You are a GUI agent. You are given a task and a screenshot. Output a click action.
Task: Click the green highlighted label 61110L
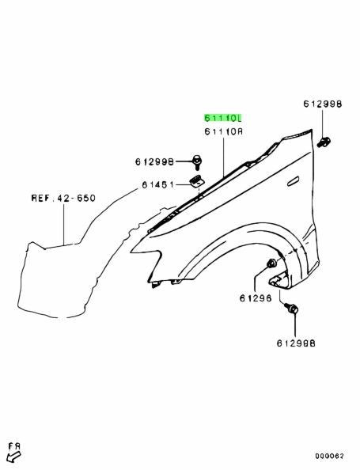tap(222, 118)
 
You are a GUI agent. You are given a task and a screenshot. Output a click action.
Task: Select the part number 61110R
tap(224, 131)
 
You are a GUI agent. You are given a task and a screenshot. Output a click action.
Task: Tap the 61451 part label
tap(157, 184)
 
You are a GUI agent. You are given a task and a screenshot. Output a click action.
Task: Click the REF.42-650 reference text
tap(63, 198)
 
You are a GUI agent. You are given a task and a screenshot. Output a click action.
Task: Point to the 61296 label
tap(256, 298)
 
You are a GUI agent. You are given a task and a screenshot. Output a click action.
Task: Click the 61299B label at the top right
tap(323, 104)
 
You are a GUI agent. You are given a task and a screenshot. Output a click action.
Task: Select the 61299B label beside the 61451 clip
tap(154, 162)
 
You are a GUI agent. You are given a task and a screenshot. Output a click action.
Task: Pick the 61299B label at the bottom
tap(296, 343)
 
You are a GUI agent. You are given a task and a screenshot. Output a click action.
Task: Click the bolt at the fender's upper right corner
tap(323, 142)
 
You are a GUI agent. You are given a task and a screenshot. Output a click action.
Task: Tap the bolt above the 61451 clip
tap(197, 162)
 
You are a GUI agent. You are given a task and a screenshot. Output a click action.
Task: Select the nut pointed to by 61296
tap(272, 263)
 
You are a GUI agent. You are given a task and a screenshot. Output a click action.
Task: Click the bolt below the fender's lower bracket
tap(291, 308)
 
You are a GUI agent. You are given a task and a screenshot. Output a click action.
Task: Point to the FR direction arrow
tap(13, 457)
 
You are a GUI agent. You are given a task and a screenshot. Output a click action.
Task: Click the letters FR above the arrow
tap(14, 445)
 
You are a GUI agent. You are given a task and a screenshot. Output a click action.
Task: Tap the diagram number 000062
tap(329, 457)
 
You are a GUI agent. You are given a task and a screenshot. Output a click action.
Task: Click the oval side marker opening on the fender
tap(294, 181)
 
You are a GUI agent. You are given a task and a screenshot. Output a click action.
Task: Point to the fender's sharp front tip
tap(131, 252)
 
